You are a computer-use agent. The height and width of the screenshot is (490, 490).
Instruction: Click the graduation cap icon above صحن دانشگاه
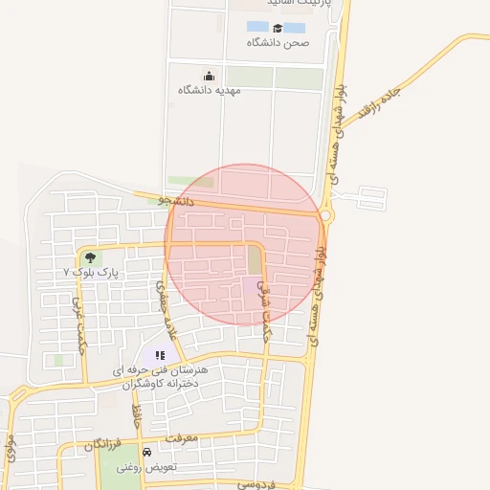(277, 28)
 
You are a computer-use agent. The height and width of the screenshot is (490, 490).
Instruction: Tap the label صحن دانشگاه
(276, 43)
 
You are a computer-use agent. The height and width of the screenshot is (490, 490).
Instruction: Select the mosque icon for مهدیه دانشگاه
(210, 76)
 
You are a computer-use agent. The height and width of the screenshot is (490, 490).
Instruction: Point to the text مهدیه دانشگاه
(209, 90)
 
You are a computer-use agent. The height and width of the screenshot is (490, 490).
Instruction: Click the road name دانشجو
(176, 202)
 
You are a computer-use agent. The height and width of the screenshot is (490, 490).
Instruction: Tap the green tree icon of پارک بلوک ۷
(90, 257)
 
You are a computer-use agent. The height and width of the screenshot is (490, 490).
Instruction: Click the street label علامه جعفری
(167, 311)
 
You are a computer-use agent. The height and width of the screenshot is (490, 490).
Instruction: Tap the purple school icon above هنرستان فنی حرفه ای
(160, 355)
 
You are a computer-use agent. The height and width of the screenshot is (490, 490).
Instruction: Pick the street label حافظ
(137, 417)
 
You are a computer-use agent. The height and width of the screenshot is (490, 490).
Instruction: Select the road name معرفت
(179, 438)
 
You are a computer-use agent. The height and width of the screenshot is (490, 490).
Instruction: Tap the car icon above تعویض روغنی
(146, 452)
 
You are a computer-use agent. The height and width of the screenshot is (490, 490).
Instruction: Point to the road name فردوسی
(259, 484)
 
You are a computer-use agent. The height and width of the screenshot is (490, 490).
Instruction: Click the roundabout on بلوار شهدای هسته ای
(327, 216)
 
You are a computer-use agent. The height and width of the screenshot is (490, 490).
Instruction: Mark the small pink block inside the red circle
(251, 284)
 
